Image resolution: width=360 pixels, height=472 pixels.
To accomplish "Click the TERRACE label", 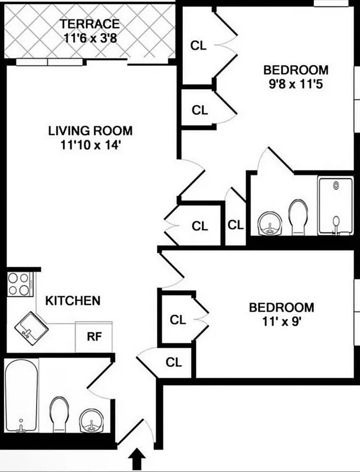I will point(90,24).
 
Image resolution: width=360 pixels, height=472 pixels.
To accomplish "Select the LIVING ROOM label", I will point(90,130).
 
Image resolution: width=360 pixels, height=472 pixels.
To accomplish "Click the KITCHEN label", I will point(73,301).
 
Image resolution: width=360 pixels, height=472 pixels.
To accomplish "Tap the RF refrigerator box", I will point(93,337).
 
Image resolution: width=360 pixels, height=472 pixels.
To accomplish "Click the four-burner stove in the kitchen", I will point(19,284).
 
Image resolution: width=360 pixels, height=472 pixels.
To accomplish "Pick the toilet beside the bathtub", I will point(60,414).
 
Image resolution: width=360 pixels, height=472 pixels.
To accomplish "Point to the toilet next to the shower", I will point(298,216).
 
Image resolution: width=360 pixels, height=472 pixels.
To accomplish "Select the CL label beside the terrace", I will point(199,45).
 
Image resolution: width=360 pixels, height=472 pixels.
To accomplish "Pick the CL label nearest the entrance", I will point(174,362).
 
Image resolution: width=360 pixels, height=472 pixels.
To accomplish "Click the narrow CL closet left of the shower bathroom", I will point(235,225).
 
